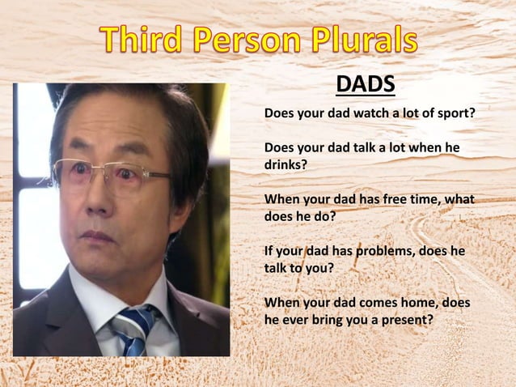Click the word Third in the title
(x=145, y=40)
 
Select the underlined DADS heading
(x=365, y=84)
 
